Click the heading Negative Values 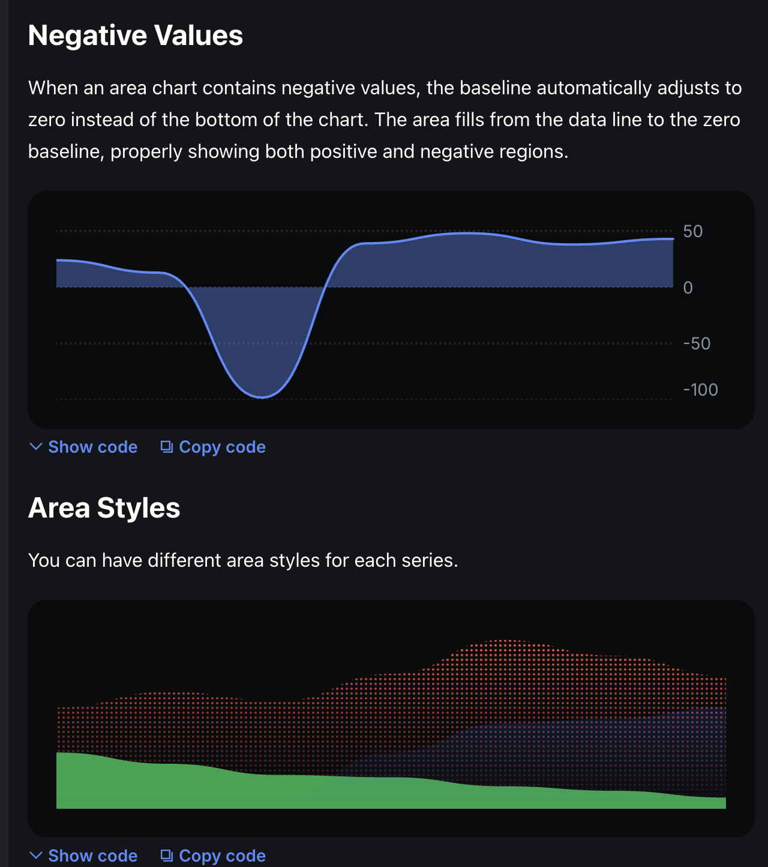point(136,35)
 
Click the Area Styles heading point(104,508)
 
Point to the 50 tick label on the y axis point(692,232)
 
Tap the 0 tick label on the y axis point(688,288)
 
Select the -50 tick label point(697,344)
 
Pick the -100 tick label point(700,390)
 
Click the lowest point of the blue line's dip point(262,397)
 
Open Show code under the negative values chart point(92,447)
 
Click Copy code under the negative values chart point(222,447)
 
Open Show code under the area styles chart point(92,856)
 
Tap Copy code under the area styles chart point(222,856)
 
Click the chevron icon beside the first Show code point(36,447)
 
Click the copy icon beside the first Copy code point(167,447)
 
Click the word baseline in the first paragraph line point(495,88)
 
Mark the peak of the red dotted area point(507,641)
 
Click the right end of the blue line point(673,239)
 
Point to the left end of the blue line point(58,260)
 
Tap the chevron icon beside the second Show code point(36,855)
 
